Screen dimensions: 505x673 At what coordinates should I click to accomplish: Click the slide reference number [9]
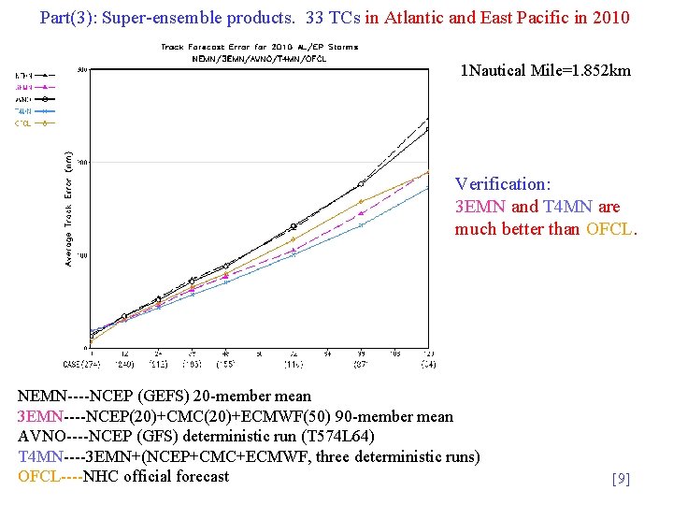(x=621, y=480)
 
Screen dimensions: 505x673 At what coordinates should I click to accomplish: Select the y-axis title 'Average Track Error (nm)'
(x=68, y=209)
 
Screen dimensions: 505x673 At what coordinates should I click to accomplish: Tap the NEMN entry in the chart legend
(x=24, y=75)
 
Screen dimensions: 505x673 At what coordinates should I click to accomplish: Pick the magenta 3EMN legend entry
(x=24, y=87)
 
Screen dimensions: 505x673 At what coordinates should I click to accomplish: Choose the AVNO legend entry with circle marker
(x=24, y=98)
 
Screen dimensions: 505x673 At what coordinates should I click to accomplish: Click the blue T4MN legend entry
(x=24, y=110)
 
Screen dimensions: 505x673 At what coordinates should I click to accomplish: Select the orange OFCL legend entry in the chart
(x=24, y=123)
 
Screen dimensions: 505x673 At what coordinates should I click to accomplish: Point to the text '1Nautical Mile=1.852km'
(x=546, y=71)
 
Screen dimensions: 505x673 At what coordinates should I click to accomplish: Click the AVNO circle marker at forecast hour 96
(x=362, y=183)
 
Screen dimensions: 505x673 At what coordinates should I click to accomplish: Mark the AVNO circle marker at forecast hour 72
(x=294, y=226)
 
